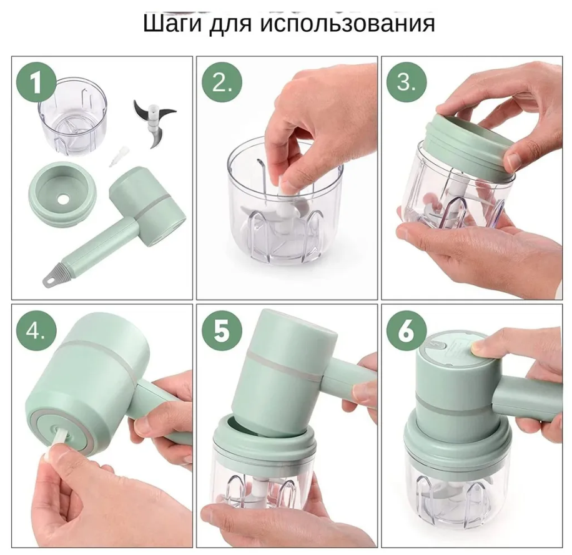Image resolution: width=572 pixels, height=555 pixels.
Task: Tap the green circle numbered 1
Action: click(36, 82)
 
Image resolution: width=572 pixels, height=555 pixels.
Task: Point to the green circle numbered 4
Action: click(36, 332)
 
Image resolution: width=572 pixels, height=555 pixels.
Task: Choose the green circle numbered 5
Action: click(222, 332)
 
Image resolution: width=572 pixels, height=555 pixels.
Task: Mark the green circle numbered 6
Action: click(407, 332)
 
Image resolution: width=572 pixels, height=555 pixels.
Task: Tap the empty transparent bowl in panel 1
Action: click(73, 116)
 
